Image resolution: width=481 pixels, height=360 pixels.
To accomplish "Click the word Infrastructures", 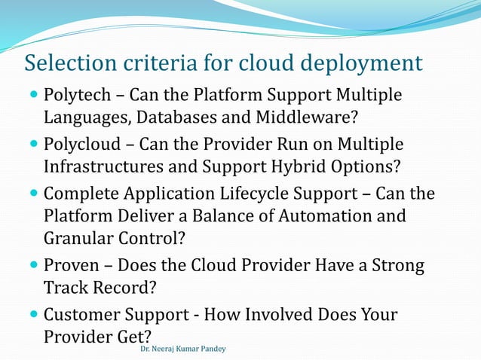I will [x=102, y=165].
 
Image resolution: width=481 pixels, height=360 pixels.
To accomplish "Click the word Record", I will [x=118, y=288].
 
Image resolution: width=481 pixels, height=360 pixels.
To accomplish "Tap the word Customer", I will [x=80, y=314].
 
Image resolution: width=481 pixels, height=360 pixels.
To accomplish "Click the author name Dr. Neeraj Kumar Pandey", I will [x=182, y=349].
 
